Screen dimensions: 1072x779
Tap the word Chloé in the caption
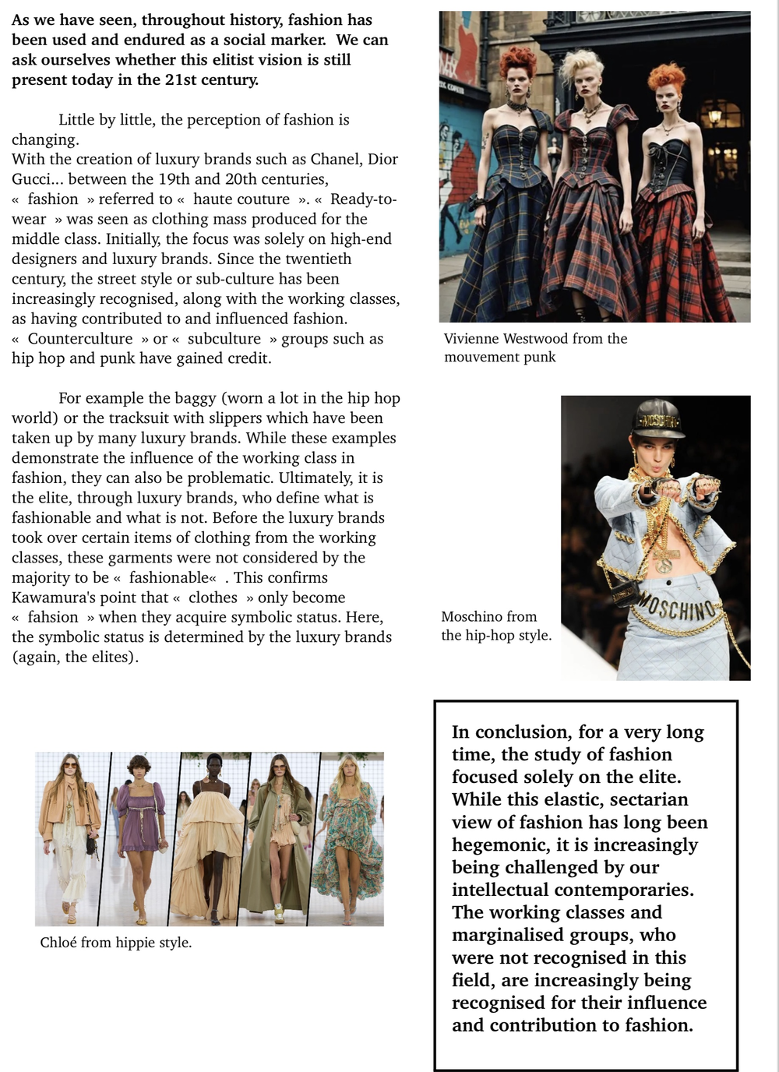coord(58,943)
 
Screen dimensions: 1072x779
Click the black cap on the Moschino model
coord(658,418)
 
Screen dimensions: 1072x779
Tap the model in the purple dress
coord(140,834)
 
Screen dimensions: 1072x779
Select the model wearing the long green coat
coord(275,837)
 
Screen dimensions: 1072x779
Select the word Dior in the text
coord(382,159)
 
